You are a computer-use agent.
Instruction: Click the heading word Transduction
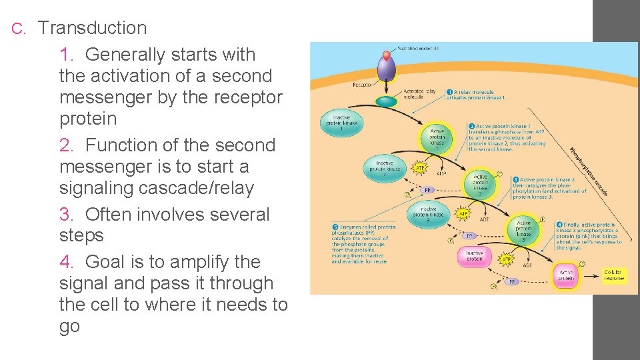(x=93, y=28)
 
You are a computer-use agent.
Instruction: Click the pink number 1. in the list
(x=67, y=55)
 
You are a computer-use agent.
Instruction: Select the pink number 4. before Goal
(x=67, y=262)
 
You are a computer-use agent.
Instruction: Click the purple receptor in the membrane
(x=386, y=70)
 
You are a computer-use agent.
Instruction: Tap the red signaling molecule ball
(x=386, y=54)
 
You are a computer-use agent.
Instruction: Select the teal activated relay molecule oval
(x=385, y=102)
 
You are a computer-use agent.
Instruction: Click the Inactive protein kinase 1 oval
(x=341, y=122)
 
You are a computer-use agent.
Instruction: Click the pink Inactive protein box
(x=474, y=256)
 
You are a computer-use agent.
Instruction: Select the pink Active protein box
(x=566, y=275)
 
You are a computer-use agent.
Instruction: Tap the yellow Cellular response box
(x=613, y=275)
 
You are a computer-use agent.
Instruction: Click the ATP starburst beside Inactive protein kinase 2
(x=420, y=169)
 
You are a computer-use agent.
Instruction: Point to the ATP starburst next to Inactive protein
(x=507, y=259)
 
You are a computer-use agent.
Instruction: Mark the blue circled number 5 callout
(x=335, y=227)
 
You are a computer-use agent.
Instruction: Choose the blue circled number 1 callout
(x=450, y=91)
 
